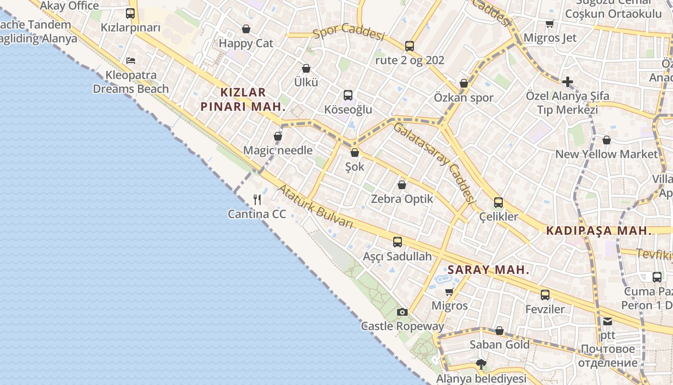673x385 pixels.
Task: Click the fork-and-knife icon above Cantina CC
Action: point(257,199)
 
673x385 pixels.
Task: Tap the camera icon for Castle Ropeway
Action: point(402,312)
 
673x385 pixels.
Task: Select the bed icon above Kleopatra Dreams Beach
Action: point(131,61)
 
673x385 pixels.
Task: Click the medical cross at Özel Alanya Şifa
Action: point(568,81)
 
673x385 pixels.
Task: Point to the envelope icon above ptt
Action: point(608,321)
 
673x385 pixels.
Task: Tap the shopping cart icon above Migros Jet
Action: point(549,24)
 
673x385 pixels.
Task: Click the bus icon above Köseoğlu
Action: point(348,95)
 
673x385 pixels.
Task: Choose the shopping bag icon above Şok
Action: point(355,153)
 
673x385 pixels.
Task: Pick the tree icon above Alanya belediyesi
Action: point(480,364)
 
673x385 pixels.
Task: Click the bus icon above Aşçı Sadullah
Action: point(398,242)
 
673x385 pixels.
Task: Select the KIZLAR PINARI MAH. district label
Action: point(243,100)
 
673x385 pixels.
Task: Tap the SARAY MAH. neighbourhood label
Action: point(488,269)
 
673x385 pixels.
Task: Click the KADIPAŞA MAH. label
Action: point(599,231)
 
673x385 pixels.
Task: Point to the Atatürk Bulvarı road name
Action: point(315,206)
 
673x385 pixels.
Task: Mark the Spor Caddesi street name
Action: point(349,32)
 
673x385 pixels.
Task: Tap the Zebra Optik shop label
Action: point(402,199)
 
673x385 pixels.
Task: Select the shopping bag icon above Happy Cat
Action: point(246,29)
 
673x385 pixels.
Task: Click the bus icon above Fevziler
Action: point(545,295)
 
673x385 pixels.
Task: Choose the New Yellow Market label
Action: point(606,154)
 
